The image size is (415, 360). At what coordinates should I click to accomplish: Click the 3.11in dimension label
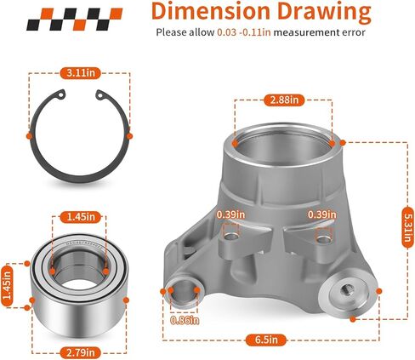coord(81,73)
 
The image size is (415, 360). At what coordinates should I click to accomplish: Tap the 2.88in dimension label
coord(284,100)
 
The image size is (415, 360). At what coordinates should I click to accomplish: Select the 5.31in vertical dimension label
coord(407,227)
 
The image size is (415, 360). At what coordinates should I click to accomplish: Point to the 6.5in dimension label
coord(266,340)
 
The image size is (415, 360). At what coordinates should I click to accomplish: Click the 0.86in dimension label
coord(185,320)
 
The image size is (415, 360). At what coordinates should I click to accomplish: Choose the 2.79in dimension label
coord(81,352)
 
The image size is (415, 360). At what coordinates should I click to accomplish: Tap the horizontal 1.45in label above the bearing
coord(81,217)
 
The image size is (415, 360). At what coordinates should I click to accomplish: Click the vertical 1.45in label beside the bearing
coord(7,285)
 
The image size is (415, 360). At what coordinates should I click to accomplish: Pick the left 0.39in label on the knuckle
coord(230,214)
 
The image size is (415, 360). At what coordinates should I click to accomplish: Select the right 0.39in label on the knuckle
coord(322,214)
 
